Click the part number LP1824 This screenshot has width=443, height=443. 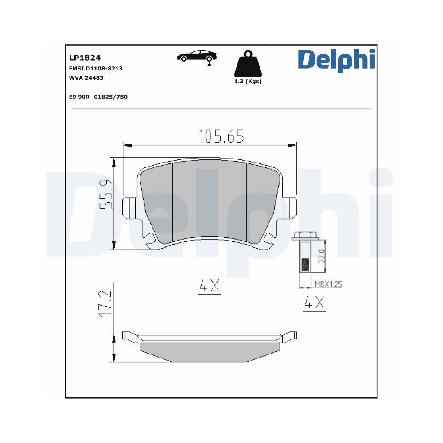click(85, 58)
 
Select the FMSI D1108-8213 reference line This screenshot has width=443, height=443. click(95, 69)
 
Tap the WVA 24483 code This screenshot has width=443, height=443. click(86, 78)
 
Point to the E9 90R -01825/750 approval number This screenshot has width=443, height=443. click(98, 97)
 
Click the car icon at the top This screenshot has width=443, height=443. click(197, 56)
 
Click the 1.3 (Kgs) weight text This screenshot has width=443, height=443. click(248, 82)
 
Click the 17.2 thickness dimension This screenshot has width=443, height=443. click(106, 303)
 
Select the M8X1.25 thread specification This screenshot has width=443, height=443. click(328, 284)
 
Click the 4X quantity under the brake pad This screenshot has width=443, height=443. click(210, 287)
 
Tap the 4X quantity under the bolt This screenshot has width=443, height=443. click(314, 303)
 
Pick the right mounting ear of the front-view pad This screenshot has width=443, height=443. click(289, 206)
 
